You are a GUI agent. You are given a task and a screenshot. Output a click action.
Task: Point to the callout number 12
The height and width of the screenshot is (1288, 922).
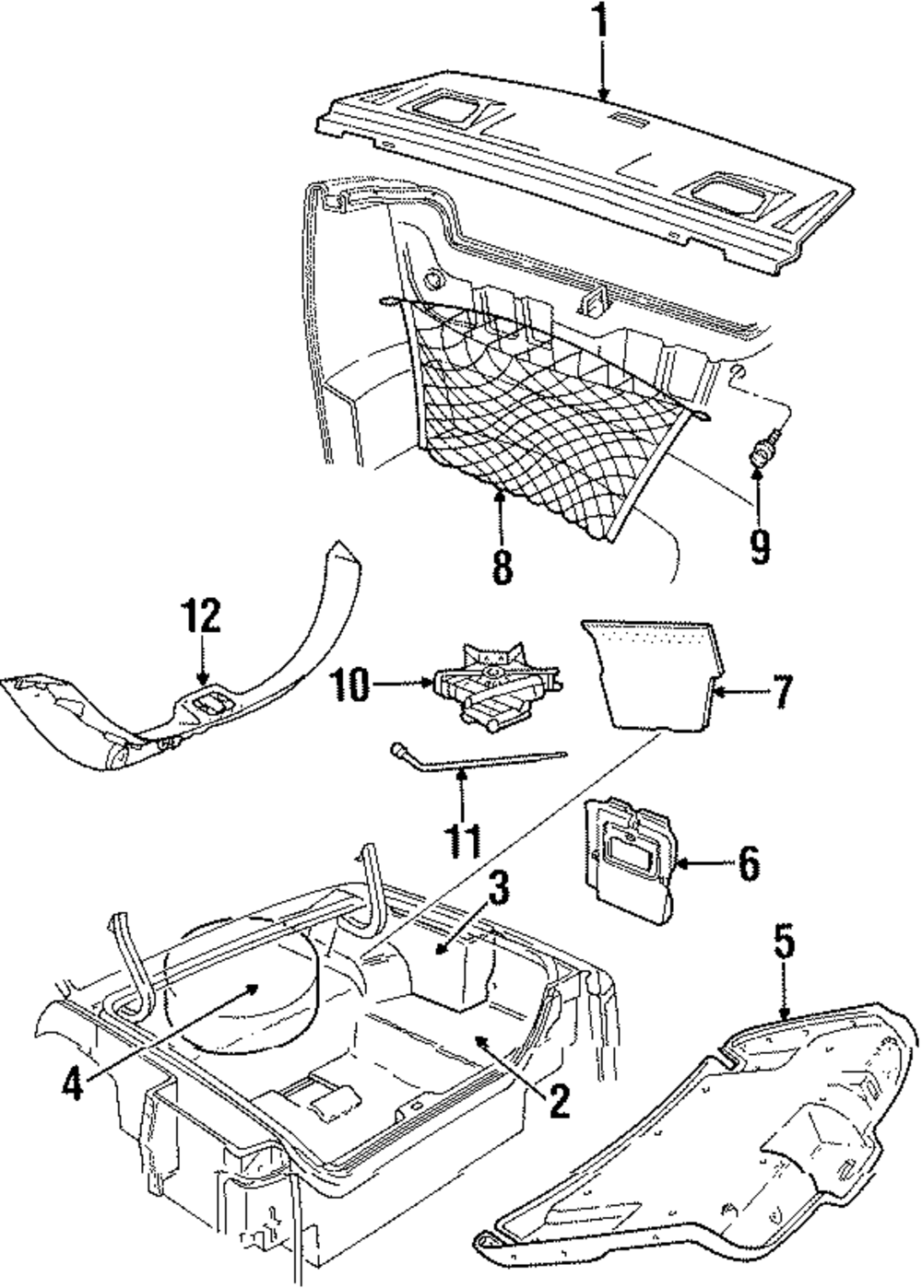pyautogui.click(x=201, y=615)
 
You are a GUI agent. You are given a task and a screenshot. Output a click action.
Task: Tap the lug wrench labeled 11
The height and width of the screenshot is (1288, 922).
pyautogui.click(x=470, y=761)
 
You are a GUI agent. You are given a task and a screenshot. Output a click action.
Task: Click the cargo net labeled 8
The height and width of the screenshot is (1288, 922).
pyautogui.click(x=544, y=405)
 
